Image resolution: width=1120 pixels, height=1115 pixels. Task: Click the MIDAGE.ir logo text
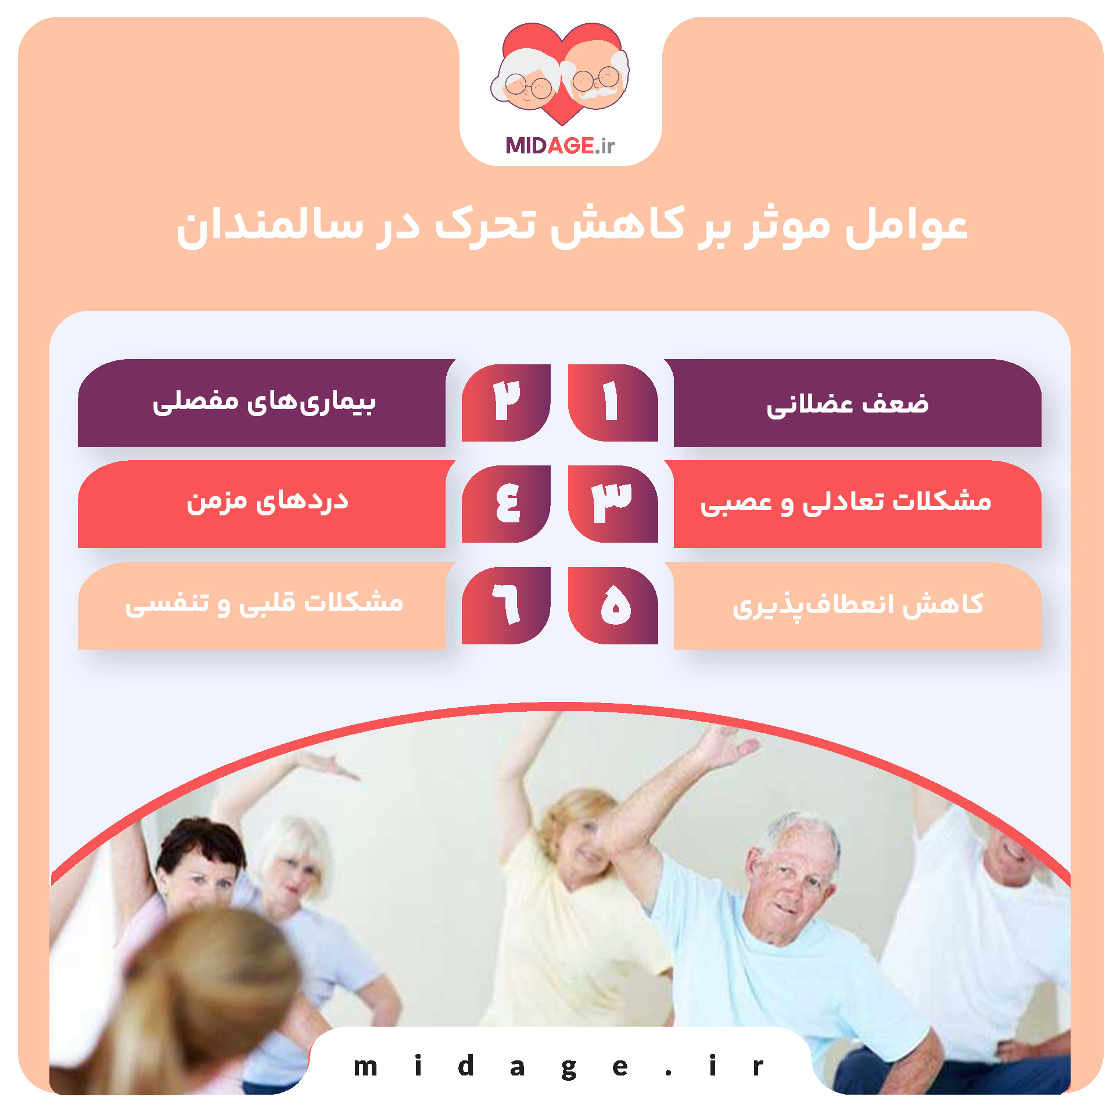560,145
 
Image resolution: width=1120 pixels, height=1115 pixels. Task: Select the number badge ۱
612,402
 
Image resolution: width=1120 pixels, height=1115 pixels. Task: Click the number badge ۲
506,402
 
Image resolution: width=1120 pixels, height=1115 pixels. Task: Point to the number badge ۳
612,503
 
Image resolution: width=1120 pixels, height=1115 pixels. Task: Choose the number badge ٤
506,503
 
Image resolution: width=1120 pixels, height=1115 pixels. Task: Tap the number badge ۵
613,605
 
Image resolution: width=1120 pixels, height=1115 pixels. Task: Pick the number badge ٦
506,605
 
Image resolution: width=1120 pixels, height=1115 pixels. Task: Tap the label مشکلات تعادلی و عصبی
846,503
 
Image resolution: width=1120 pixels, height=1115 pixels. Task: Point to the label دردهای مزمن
267,501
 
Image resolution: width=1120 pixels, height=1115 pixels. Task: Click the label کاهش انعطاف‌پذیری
857,605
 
